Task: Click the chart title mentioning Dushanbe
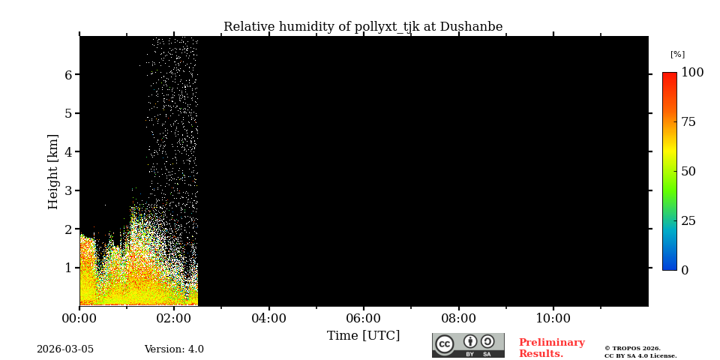[x=363, y=27]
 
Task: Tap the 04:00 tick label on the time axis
[x=268, y=319]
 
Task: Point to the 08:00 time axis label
[x=458, y=319]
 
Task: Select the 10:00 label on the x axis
[x=553, y=319]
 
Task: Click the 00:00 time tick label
[x=79, y=319]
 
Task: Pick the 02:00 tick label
[x=174, y=319]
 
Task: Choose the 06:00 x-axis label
[x=364, y=319]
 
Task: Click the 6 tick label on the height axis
[x=68, y=75]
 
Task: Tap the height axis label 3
[x=68, y=190]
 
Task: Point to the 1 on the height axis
[x=68, y=268]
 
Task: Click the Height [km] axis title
[x=53, y=171]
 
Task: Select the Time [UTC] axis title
[x=363, y=336]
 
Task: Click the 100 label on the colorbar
[x=692, y=73]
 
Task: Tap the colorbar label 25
[x=689, y=220]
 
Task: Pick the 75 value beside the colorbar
[x=689, y=122]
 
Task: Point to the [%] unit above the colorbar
[x=677, y=54]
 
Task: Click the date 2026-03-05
[x=65, y=349]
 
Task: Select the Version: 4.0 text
[x=174, y=349]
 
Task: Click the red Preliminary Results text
[x=551, y=348]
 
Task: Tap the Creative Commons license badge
[x=468, y=345]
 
